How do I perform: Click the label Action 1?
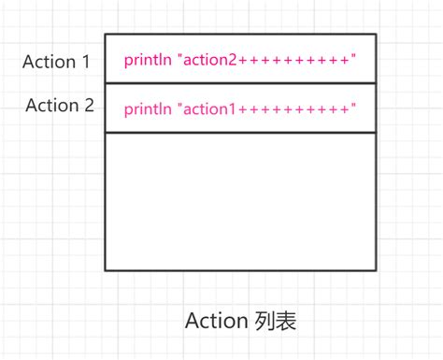(x=57, y=63)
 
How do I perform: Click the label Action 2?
(x=61, y=105)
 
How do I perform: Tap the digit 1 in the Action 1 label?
(x=86, y=63)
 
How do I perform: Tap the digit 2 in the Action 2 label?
(x=89, y=105)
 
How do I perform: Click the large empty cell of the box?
(x=240, y=201)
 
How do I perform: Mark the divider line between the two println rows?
(x=240, y=83)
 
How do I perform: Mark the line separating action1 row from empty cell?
(x=240, y=133)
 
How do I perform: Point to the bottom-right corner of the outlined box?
(x=377, y=270)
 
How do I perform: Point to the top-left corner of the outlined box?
(x=105, y=35)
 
